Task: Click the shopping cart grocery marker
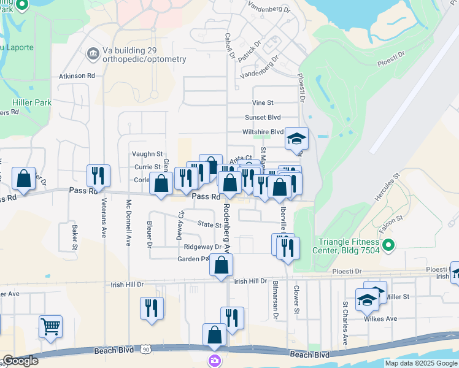[x=50, y=327]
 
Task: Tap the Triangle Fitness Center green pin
[x=388, y=247]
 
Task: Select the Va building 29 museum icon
[x=93, y=54]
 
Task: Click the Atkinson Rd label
[x=77, y=76]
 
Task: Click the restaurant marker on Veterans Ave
[x=98, y=176]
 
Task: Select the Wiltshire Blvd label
[x=264, y=132]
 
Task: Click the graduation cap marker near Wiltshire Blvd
[x=296, y=139]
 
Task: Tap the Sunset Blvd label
[x=263, y=117]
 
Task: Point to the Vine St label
[x=263, y=102]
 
